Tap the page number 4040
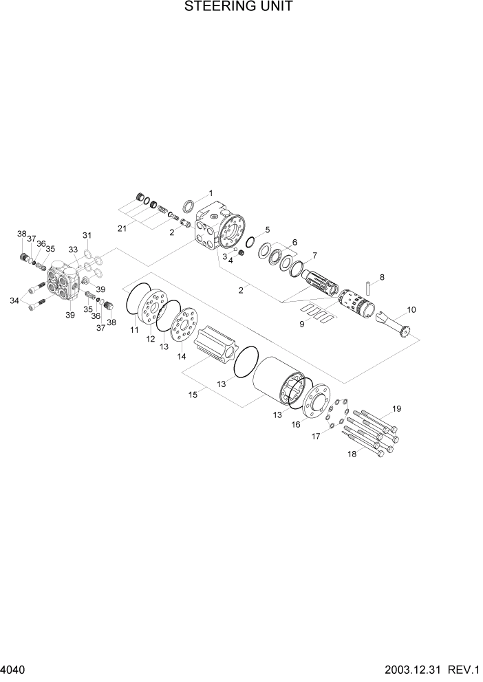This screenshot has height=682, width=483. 14,669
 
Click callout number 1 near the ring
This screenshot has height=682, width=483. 211,193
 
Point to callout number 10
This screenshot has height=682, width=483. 411,310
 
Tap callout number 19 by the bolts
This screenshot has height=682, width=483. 396,410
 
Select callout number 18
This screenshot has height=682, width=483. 352,454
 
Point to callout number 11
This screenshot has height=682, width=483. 135,331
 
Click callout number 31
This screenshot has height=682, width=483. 87,236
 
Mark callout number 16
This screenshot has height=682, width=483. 296,425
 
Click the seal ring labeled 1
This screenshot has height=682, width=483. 188,205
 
